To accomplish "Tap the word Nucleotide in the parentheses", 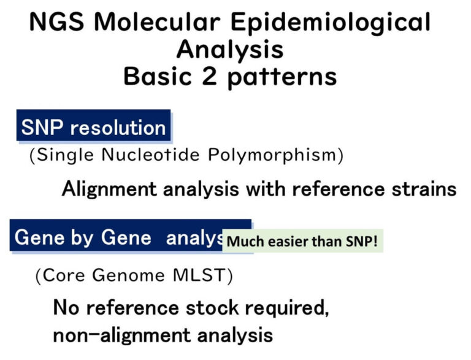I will [159, 155].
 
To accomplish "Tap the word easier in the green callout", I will [283, 241].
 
